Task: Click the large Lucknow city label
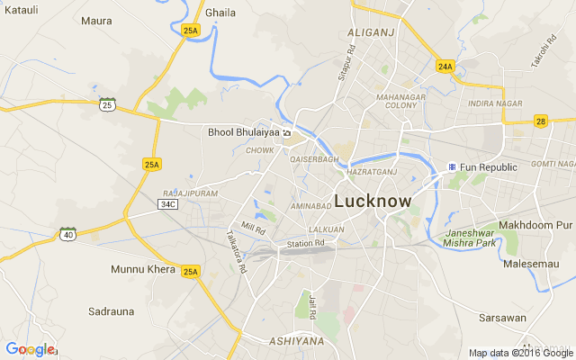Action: coord(373,202)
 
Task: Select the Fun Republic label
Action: coord(488,167)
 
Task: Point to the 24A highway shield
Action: coord(445,67)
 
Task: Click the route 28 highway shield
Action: coord(540,121)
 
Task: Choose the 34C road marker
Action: coord(167,204)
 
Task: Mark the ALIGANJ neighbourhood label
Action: coord(371,32)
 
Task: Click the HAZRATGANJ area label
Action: coord(372,170)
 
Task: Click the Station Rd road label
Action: coord(305,243)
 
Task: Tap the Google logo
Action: coord(30,349)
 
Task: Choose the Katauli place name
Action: coord(20,9)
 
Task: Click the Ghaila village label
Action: coord(220,13)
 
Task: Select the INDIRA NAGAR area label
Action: coord(495,103)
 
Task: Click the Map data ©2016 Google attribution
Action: coord(520,353)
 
